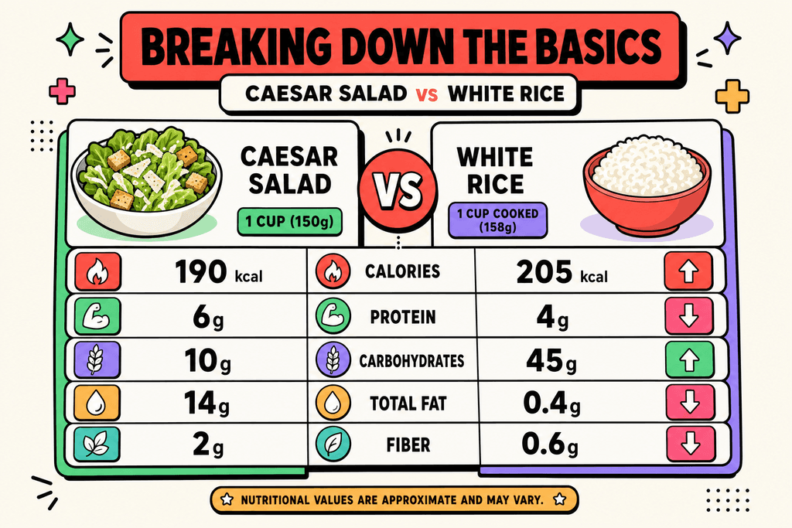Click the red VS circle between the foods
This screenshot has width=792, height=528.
398,189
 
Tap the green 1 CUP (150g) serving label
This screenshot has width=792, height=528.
290,222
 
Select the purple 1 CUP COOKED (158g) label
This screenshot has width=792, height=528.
497,220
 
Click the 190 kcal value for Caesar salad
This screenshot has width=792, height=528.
218,271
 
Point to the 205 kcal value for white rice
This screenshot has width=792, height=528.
562,272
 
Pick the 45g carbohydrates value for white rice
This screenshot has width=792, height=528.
551,360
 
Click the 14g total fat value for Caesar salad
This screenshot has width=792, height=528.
206,403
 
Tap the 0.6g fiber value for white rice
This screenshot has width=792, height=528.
550,445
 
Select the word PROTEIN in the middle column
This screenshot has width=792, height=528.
402,317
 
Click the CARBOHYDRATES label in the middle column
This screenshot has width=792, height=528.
411,361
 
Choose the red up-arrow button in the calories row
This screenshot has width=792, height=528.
688,271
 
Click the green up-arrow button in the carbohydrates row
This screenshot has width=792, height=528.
689,360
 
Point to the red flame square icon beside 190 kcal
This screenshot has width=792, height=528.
97,272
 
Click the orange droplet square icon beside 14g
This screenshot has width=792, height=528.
97,403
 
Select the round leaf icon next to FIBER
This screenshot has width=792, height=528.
333,445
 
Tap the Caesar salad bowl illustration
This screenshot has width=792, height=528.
146,182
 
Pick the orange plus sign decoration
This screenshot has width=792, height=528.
732,96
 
